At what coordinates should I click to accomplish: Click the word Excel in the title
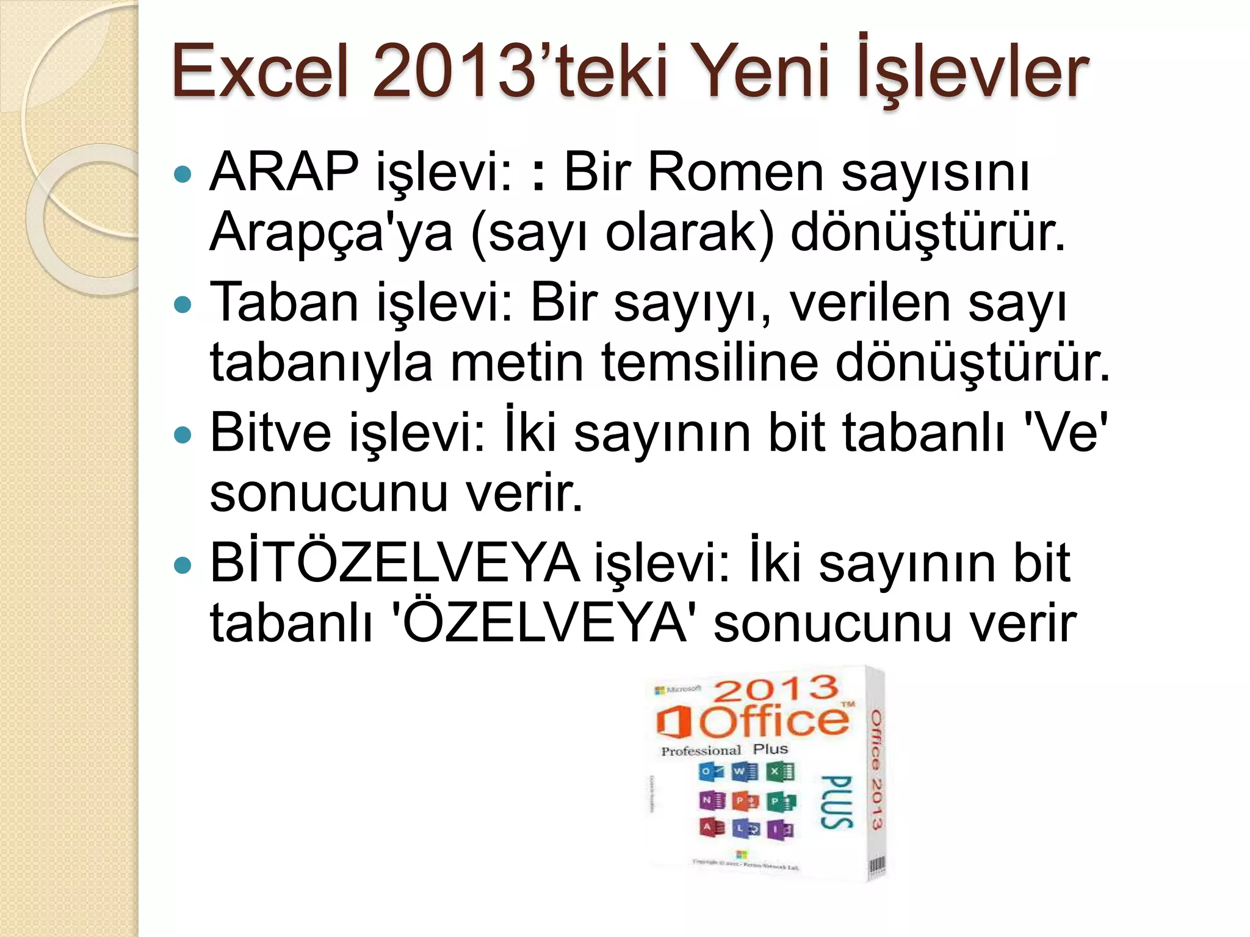259,72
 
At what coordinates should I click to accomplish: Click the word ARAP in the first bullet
284,172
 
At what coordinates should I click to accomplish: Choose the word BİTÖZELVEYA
394,562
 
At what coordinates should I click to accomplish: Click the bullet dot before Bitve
182,436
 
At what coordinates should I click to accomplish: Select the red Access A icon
711,828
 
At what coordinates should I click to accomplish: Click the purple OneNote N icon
711,800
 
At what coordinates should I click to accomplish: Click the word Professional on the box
701,751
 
